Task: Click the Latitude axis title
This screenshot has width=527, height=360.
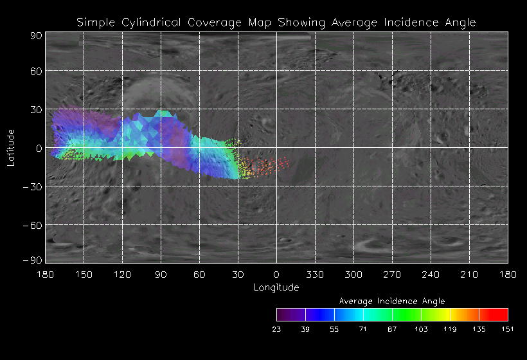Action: (11, 147)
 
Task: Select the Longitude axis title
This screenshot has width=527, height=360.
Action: (276, 287)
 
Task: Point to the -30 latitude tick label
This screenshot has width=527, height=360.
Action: (33, 186)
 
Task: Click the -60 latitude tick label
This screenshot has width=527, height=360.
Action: (33, 225)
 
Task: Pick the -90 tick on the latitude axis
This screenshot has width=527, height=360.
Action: (33, 260)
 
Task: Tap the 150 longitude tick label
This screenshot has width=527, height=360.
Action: (84, 274)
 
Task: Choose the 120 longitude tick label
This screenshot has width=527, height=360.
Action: (122, 274)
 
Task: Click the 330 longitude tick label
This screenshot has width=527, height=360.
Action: (315, 274)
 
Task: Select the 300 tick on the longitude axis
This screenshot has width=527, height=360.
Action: (353, 274)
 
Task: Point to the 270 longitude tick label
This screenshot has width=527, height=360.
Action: (392, 274)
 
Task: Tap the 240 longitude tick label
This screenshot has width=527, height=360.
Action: (431, 274)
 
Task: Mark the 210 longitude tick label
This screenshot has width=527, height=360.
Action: (469, 274)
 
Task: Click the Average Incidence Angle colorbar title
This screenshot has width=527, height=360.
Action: (392, 301)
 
